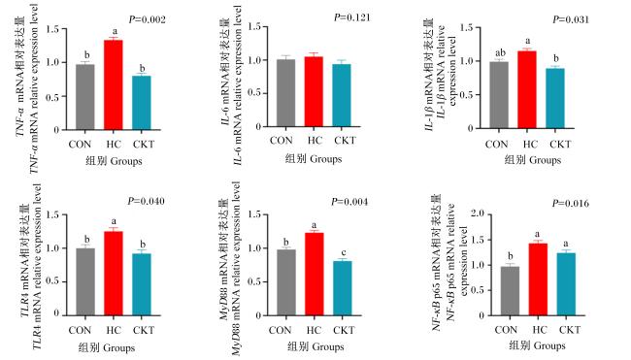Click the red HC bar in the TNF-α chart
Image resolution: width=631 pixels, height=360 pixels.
pos(114,84)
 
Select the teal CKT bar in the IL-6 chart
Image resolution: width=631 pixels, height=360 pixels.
pos(342,95)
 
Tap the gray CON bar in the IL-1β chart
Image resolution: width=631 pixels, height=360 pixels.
pos(499,95)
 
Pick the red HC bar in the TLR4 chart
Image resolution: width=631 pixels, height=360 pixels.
pos(114,273)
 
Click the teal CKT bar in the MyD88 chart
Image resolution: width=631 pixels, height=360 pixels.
pos(343,288)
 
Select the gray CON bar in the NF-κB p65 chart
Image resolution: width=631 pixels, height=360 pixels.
pos(510,291)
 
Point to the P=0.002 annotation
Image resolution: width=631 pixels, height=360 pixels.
pos(148,19)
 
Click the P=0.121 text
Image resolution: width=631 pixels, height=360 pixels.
pos(352,17)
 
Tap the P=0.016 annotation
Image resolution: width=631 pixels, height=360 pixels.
pos(571,203)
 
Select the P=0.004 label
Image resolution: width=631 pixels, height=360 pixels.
pos(349,202)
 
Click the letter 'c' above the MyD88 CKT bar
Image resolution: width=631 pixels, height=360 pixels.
pos(344,253)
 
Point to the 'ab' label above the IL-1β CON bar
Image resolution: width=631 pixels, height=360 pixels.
pos(500,52)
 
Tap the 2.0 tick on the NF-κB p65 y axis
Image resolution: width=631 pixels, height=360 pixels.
pos(478,213)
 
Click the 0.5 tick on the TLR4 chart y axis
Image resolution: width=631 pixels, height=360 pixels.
pos(52,280)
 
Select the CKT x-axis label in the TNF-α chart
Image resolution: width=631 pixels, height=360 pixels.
pos(144,145)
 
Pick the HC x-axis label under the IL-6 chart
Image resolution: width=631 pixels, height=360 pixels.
pos(315,141)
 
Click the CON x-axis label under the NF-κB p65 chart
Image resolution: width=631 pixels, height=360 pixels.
pos(506,330)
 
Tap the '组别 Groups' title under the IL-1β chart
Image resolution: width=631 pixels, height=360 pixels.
pos(533,160)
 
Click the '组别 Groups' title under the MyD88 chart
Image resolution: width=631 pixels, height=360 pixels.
pos(315,346)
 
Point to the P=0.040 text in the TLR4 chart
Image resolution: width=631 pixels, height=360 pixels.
pos(146,201)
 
